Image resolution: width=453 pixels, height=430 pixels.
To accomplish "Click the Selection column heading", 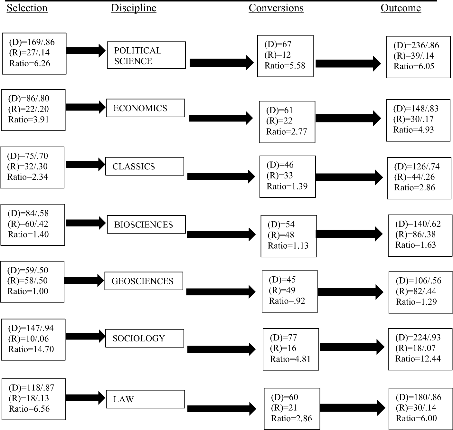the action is tap(27, 8).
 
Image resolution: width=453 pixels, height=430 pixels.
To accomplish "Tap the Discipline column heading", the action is tap(134, 8).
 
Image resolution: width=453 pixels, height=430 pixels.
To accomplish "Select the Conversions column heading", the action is tap(276, 8).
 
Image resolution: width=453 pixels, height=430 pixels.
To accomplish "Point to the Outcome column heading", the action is tap(401, 8).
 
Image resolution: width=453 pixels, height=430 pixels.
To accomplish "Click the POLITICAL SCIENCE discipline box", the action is tap(146, 55).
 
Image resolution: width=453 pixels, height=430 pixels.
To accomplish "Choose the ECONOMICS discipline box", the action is tap(146, 108).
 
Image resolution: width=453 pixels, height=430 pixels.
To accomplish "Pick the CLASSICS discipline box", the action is tap(145, 166).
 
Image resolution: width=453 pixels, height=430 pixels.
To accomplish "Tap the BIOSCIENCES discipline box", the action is tap(146, 224).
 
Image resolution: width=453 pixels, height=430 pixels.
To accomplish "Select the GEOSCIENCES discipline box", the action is tap(144, 281).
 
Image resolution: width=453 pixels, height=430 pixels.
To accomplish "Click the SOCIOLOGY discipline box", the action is tap(145, 338).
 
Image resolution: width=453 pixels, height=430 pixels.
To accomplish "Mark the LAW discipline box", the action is tap(146, 399).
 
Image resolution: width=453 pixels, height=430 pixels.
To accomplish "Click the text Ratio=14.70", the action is tap(31, 349).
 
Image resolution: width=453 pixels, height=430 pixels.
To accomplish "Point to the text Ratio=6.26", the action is tap(30, 63).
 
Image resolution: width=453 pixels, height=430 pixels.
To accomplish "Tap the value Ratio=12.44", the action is tap(418, 358).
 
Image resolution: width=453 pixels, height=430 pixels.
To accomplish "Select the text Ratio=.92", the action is tap(287, 301).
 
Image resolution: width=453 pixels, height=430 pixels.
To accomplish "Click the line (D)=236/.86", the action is tap(416, 45).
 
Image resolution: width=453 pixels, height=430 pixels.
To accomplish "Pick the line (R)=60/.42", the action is tap(28, 224).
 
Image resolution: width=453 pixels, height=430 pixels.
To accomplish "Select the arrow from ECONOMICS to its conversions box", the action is tap(221, 118).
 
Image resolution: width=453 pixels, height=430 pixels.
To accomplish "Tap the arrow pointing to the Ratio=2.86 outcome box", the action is tap(349, 177).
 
